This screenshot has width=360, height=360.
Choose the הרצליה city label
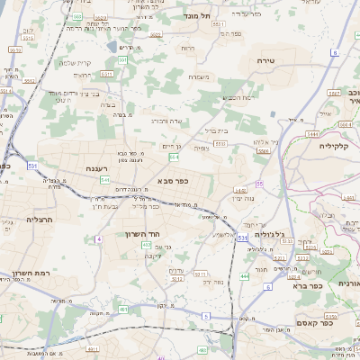coord(40,219)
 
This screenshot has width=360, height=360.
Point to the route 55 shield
coord(259,184)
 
